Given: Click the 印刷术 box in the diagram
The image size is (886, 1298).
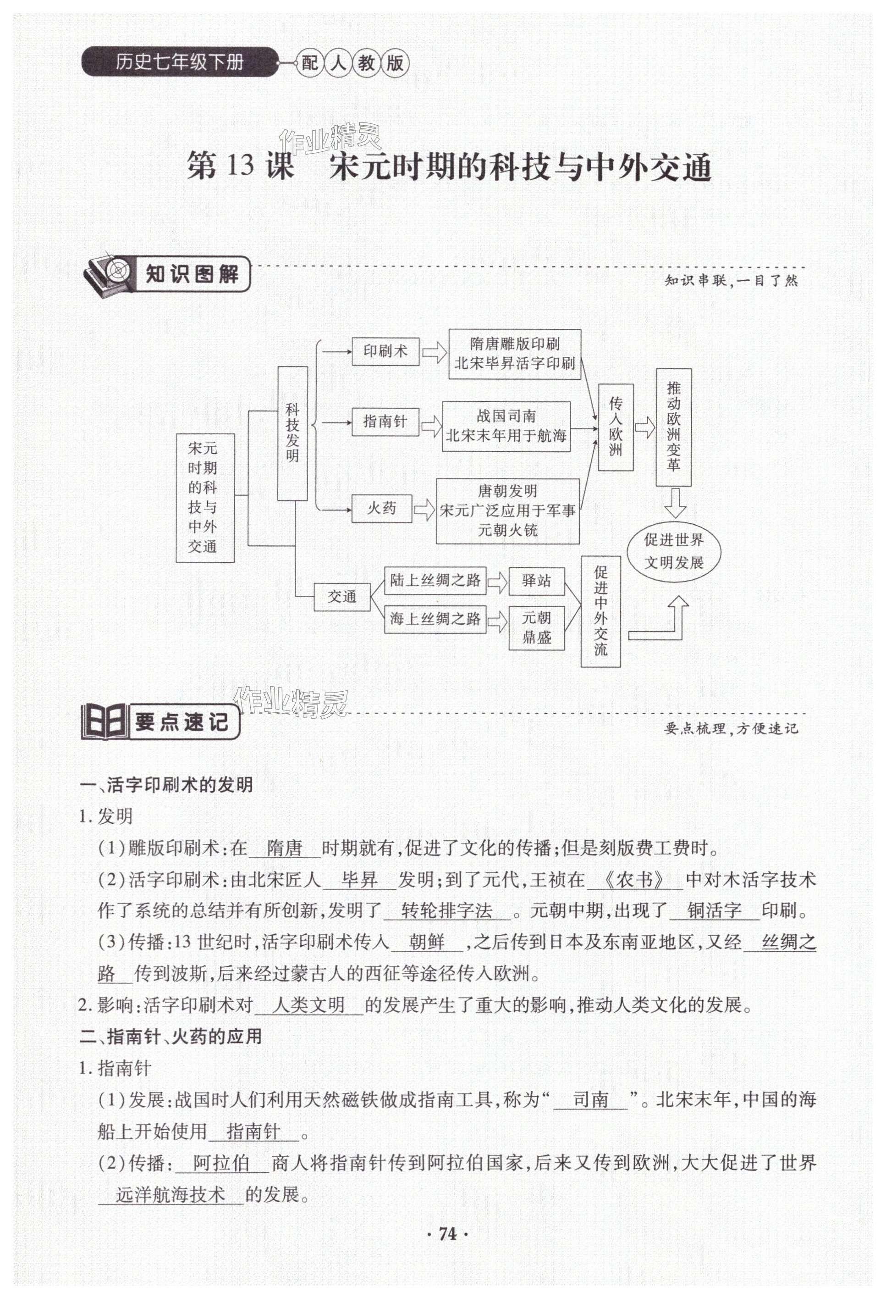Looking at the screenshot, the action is (x=385, y=351).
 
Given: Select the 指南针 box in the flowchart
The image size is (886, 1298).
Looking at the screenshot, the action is (x=385, y=422).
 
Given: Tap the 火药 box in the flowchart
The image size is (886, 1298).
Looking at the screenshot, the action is (x=382, y=508).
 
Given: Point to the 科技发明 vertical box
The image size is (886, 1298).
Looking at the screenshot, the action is (x=292, y=433).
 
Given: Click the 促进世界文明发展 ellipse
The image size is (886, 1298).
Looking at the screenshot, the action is (x=674, y=551).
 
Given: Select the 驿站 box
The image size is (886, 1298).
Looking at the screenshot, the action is (x=537, y=581).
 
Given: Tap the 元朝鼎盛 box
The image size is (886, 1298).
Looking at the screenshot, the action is (x=537, y=627).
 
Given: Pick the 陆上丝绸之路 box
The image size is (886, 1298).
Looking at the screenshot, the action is (x=435, y=581).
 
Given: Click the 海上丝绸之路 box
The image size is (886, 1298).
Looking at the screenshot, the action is (x=435, y=619).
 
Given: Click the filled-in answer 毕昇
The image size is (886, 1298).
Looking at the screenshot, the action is (x=359, y=881).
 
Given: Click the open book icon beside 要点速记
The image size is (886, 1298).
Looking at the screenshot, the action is (x=104, y=723).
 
